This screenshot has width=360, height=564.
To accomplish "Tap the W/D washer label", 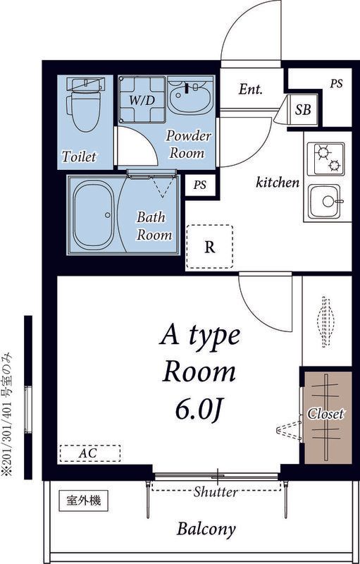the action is point(142,100).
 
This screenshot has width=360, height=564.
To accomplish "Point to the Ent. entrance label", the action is point(250,89).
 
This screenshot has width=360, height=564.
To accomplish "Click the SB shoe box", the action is point(303,110).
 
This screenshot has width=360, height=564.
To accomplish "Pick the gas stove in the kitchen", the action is point(325,159).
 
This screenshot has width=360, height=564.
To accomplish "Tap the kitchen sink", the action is point(325,201).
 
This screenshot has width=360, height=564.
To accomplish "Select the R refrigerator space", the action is point(209,247).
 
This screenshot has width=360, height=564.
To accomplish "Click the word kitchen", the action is point(278,183).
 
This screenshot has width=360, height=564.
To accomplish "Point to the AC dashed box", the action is point(89,453).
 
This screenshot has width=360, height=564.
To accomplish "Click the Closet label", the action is point(325,414).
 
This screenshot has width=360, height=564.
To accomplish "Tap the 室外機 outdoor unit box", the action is point(84,501).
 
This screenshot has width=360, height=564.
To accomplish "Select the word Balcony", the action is point(206,529).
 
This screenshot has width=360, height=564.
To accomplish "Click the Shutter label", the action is point(216,491).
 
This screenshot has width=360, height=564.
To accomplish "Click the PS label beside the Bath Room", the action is point(200,185).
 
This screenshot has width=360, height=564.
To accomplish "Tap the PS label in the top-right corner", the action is point(336,83).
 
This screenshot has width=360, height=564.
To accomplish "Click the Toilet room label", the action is point(79,157).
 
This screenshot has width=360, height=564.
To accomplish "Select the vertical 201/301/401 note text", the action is point(7,415).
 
